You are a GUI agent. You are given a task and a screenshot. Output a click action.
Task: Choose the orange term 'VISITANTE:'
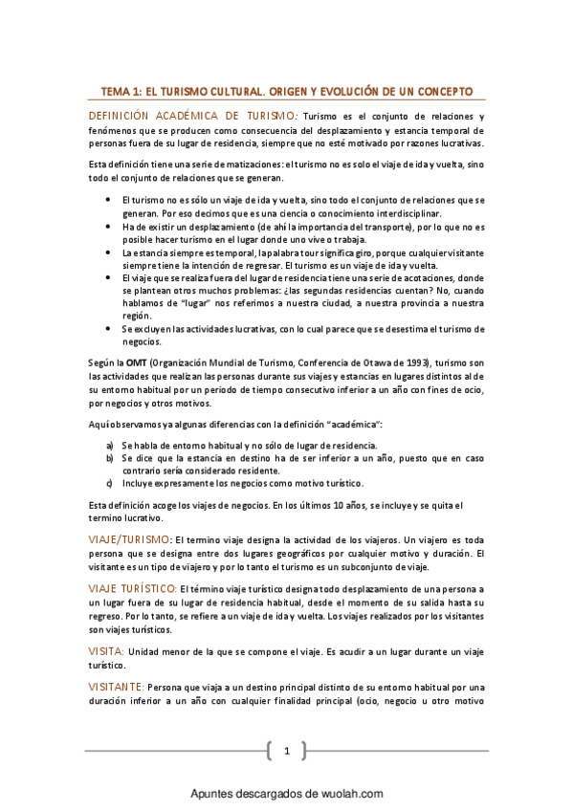[x=116, y=687]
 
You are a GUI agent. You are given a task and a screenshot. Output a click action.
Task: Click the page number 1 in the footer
[x=286, y=751]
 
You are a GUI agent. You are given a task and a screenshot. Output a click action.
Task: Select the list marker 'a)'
[x=110, y=446]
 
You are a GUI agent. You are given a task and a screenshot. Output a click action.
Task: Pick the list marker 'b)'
[x=110, y=458]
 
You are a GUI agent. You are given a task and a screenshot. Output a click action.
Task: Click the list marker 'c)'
[x=110, y=483]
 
